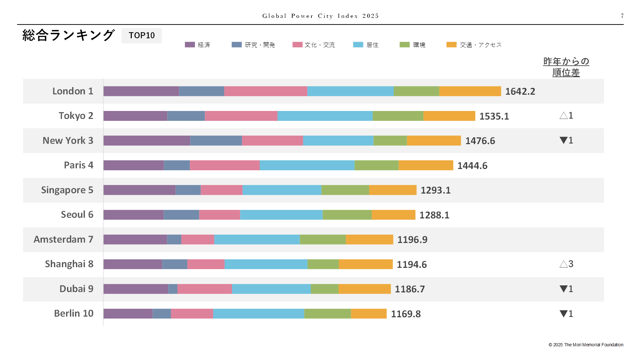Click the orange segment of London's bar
click(470, 91)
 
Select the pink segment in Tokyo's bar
click(241, 116)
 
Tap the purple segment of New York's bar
click(147, 141)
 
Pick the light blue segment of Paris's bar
click(307, 165)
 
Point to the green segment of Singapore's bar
click(345, 190)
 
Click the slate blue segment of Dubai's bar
click(173, 289)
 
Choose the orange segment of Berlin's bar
click(369, 314)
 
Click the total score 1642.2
click(520, 92)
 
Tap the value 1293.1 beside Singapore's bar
click(436, 190)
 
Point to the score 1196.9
click(412, 240)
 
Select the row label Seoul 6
click(77, 215)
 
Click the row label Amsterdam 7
click(63, 239)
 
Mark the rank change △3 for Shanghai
click(566, 264)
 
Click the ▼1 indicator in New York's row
click(566, 140)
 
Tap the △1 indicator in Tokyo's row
click(566, 115)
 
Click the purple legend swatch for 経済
click(190, 45)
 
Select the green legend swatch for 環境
click(405, 45)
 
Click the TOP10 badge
click(142, 35)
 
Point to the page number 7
click(622, 16)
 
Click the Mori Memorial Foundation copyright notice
click(586, 345)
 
